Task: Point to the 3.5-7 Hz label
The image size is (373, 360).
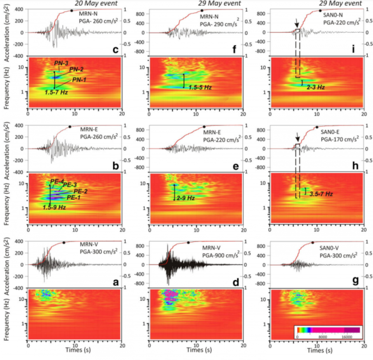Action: coord(321,193)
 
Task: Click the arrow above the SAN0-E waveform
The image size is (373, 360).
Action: coord(297,137)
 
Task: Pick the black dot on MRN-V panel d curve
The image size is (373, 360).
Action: coord(188,243)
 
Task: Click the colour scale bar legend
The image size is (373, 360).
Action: coord(328,330)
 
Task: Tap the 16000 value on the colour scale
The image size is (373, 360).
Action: coord(347,336)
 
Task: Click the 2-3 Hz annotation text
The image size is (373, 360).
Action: coord(315,87)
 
